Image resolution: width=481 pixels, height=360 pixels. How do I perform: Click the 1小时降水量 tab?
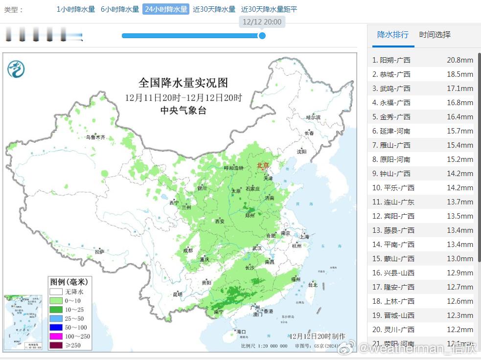pos(76,9)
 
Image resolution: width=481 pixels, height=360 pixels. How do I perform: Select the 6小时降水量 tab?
pos(120,9)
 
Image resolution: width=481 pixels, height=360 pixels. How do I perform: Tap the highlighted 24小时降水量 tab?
pos(165,9)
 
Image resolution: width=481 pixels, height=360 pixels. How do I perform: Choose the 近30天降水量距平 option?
pos(269,9)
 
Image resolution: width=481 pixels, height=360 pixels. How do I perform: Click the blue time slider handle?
pos(262,36)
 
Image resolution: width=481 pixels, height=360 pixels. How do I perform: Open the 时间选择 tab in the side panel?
pos(435,35)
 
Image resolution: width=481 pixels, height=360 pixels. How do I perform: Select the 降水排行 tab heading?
pos(392,35)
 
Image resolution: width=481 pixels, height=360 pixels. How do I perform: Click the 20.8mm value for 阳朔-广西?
pos(459,60)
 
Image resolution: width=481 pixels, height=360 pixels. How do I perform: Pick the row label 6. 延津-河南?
pos(391,131)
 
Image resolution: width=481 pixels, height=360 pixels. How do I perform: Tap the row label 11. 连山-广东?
pos(393,202)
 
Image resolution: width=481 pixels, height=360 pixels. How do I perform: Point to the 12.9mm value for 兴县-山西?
pos(459,273)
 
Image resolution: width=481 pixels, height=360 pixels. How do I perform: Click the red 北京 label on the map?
pos(263,165)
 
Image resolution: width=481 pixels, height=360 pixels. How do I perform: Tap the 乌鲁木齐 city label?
pos(95,137)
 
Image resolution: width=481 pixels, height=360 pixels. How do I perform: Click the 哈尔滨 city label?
pos(313,117)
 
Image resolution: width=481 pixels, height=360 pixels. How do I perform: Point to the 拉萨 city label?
pos(99,251)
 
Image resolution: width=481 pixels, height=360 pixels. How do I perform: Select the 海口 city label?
pos(241,332)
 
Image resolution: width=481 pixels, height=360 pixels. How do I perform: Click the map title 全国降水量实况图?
pos(183,83)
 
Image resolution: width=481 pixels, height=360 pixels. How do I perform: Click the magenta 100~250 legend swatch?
pos(56,337)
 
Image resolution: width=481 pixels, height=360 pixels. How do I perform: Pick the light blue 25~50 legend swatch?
pos(56,318)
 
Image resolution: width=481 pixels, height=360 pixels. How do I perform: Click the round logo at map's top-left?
pos(16,69)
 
